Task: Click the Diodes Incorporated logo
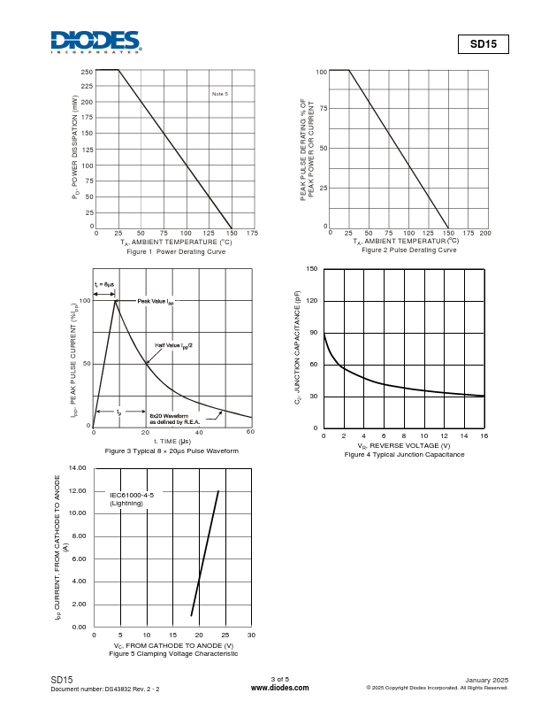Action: (x=95, y=42)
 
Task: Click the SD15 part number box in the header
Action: (x=484, y=43)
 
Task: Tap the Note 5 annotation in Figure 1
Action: (x=220, y=94)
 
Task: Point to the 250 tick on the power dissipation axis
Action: (x=87, y=71)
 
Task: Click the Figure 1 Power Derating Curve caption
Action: (x=176, y=252)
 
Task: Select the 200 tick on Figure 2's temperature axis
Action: (x=484, y=233)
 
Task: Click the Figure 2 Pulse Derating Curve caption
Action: (x=408, y=250)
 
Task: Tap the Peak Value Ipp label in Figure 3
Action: (x=156, y=302)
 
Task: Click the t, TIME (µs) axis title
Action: (x=172, y=441)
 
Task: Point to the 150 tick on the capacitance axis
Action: (x=313, y=268)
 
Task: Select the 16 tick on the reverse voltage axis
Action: (x=484, y=437)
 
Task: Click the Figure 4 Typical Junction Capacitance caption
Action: (x=404, y=455)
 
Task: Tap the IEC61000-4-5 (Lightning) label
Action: (x=132, y=499)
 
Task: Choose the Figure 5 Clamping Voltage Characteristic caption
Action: (x=172, y=654)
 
